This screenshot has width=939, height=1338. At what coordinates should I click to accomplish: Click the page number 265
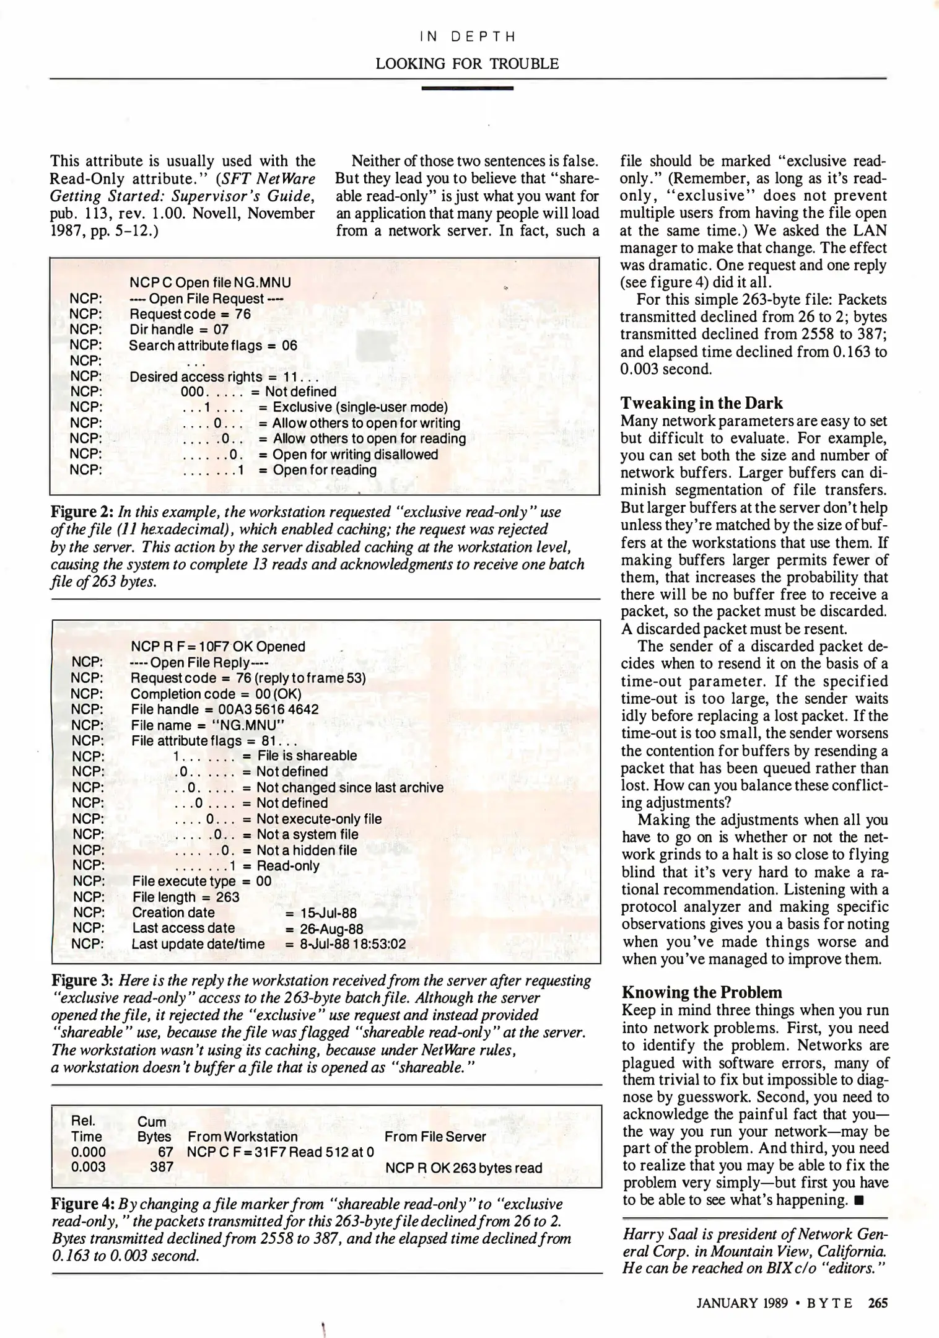coord(878,1303)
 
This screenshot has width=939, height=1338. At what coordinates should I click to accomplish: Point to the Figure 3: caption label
coord(82,981)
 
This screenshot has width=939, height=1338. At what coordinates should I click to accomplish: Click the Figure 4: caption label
coord(82,1204)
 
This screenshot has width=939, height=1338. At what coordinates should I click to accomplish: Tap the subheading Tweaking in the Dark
coord(701,403)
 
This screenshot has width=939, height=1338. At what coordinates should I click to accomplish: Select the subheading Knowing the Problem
coord(702,992)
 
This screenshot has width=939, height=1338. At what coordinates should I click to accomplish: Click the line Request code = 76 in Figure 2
coord(190,314)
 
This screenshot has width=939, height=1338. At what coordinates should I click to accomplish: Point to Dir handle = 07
coord(178,330)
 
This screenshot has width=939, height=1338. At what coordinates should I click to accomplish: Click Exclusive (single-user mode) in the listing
coord(360,407)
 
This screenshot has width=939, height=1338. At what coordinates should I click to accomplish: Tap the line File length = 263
coord(185,897)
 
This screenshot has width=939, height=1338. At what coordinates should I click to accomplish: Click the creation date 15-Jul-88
coord(328,913)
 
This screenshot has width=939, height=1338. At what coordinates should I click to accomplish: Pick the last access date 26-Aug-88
coord(331,929)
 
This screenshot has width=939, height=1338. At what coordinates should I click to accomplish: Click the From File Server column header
coord(434,1137)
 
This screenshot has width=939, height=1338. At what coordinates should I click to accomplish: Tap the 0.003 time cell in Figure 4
coord(88,1168)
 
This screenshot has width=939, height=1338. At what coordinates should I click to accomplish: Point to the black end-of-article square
coord(858,1200)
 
